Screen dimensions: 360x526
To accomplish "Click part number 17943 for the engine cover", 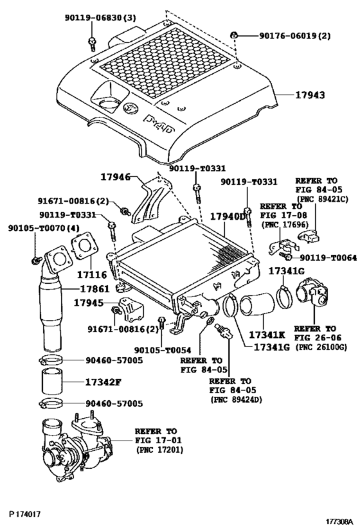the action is pyautogui.click(x=310, y=95).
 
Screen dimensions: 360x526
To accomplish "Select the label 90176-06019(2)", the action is pyautogui.click(x=294, y=35).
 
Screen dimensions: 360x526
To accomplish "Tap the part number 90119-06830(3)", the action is pyautogui.click(x=100, y=18).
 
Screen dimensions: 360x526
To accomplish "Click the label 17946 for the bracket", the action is pyautogui.click(x=116, y=177).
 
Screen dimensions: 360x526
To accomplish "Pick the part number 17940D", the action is pyautogui.click(x=228, y=216).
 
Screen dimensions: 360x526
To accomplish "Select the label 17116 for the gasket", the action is pyautogui.click(x=92, y=275).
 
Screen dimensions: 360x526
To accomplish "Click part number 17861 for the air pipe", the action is pyautogui.click(x=94, y=289).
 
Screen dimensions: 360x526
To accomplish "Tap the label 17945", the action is pyautogui.click(x=89, y=302).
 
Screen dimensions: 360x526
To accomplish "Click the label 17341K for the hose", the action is pyautogui.click(x=267, y=335).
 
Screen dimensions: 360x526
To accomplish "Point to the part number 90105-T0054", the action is pyautogui.click(x=163, y=350).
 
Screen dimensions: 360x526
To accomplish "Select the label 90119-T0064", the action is pyautogui.click(x=328, y=258).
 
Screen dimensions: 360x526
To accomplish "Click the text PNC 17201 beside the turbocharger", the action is pyautogui.click(x=159, y=450).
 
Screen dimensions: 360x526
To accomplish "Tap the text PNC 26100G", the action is pyautogui.click(x=321, y=347).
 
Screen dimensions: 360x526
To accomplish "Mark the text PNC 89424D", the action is pyautogui.click(x=236, y=399).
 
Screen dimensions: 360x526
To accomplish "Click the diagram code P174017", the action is pyautogui.click(x=24, y=514).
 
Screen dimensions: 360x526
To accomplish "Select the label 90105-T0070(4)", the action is pyautogui.click(x=43, y=229).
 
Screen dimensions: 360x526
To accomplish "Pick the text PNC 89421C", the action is pyautogui.click(x=321, y=199).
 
